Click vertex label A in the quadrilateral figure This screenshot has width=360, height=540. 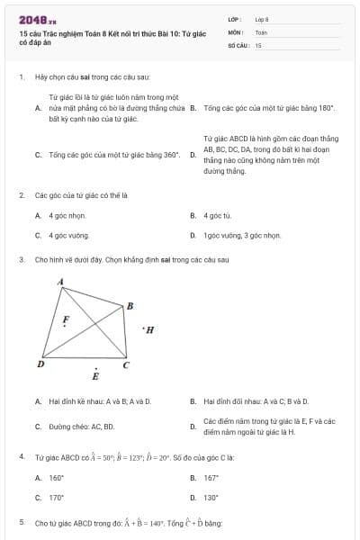click(x=60, y=282)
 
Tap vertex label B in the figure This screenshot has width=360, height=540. click(x=130, y=306)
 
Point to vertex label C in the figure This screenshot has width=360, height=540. click(x=125, y=364)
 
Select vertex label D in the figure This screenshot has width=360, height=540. click(x=40, y=364)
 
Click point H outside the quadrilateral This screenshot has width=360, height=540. click(x=149, y=329)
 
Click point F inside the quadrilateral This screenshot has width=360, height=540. click(x=64, y=319)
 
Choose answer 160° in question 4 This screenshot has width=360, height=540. click(x=56, y=478)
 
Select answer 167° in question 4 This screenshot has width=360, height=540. click(x=211, y=478)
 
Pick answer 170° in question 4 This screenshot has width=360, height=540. click(x=56, y=497)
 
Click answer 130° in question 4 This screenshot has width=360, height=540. click(x=211, y=497)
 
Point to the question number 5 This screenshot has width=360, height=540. click(x=21, y=522)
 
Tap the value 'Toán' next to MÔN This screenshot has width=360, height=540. click(x=261, y=31)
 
